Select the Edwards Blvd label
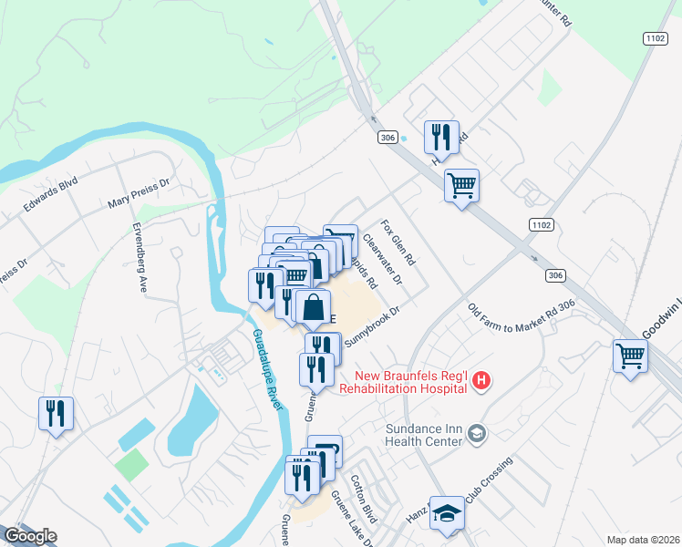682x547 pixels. [52, 198]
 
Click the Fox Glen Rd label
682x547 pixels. [398, 242]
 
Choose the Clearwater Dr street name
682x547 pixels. [382, 260]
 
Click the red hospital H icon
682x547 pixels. [481, 382]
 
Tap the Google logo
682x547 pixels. [29, 536]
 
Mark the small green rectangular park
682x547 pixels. [131, 466]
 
